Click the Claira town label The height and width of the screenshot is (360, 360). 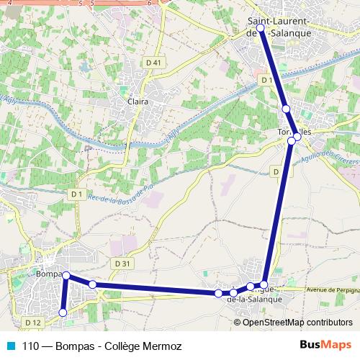click(x=138, y=102)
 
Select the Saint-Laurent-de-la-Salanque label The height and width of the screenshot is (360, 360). click(x=279, y=27)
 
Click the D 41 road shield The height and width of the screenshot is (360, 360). click(x=153, y=63)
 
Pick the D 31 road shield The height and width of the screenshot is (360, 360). click(x=124, y=264)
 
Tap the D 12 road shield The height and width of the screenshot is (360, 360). click(x=32, y=322)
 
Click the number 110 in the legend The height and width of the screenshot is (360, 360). click(x=31, y=346)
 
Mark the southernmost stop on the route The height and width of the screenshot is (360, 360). click(x=63, y=312)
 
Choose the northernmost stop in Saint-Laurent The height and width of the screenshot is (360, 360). click(x=261, y=28)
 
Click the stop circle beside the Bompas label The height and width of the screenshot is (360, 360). click(x=66, y=276)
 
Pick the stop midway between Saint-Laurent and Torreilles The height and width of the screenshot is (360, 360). click(x=286, y=109)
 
